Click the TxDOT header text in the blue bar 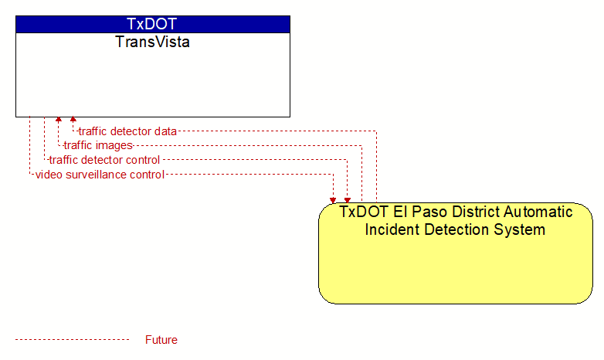(x=151, y=24)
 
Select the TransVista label (x=152, y=42)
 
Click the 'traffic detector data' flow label (x=127, y=131)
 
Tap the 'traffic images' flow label (x=98, y=145)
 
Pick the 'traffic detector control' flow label (x=104, y=160)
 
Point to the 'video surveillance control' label (x=100, y=175)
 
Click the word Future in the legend (x=161, y=340)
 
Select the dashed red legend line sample (x=73, y=340)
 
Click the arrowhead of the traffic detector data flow (x=73, y=119)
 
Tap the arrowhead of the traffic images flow (x=59, y=119)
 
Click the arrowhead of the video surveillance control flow (x=333, y=200)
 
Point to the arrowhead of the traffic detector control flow (x=348, y=200)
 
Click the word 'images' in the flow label (x=114, y=146)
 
